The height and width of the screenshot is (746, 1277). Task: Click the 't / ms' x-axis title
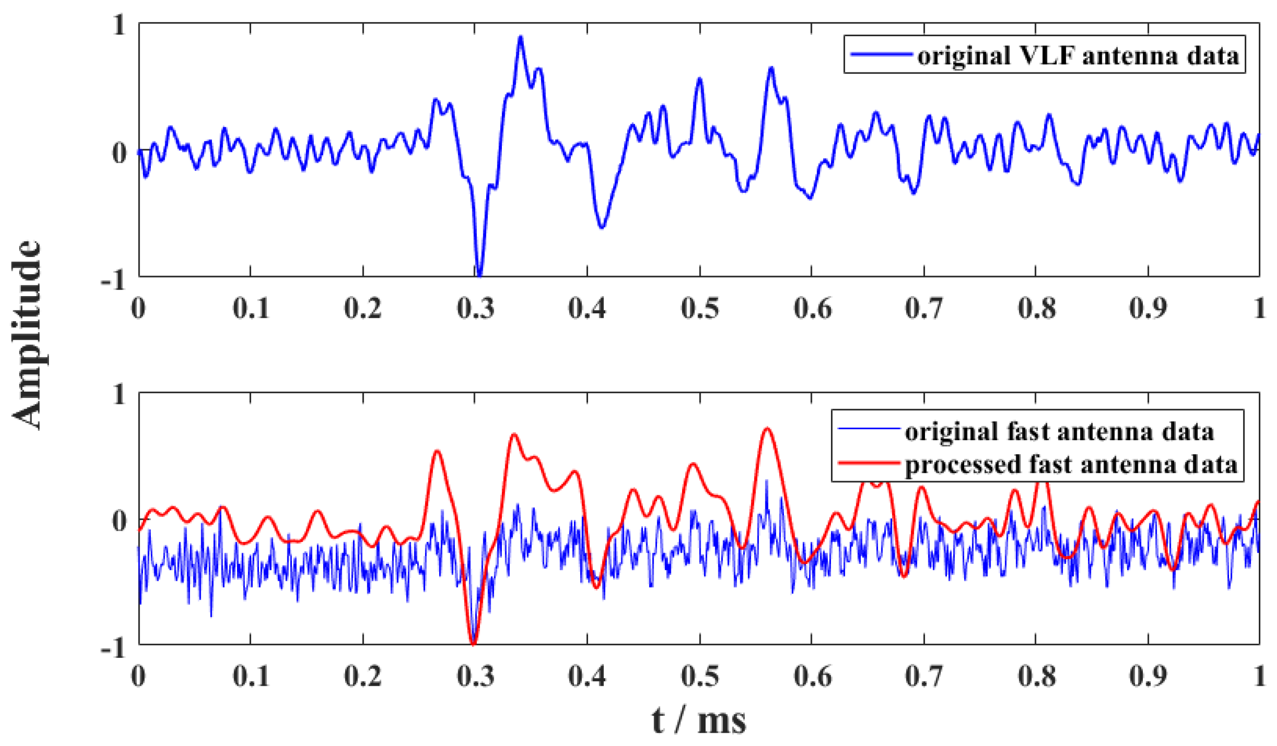click(698, 721)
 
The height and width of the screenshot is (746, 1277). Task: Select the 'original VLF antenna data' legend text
click(1078, 55)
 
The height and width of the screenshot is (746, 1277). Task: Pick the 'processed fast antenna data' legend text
click(1071, 465)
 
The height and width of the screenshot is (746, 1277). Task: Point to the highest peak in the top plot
click(520, 38)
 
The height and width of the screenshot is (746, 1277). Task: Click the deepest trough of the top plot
click(479, 275)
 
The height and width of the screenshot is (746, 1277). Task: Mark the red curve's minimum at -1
click(473, 644)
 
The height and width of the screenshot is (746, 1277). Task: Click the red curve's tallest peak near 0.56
click(767, 429)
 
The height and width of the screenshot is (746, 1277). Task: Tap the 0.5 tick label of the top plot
click(699, 308)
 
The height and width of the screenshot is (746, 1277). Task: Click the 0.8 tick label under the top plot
click(1037, 308)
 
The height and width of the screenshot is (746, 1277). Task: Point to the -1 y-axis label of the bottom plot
click(114, 648)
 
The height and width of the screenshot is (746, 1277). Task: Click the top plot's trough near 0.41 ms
click(601, 228)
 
